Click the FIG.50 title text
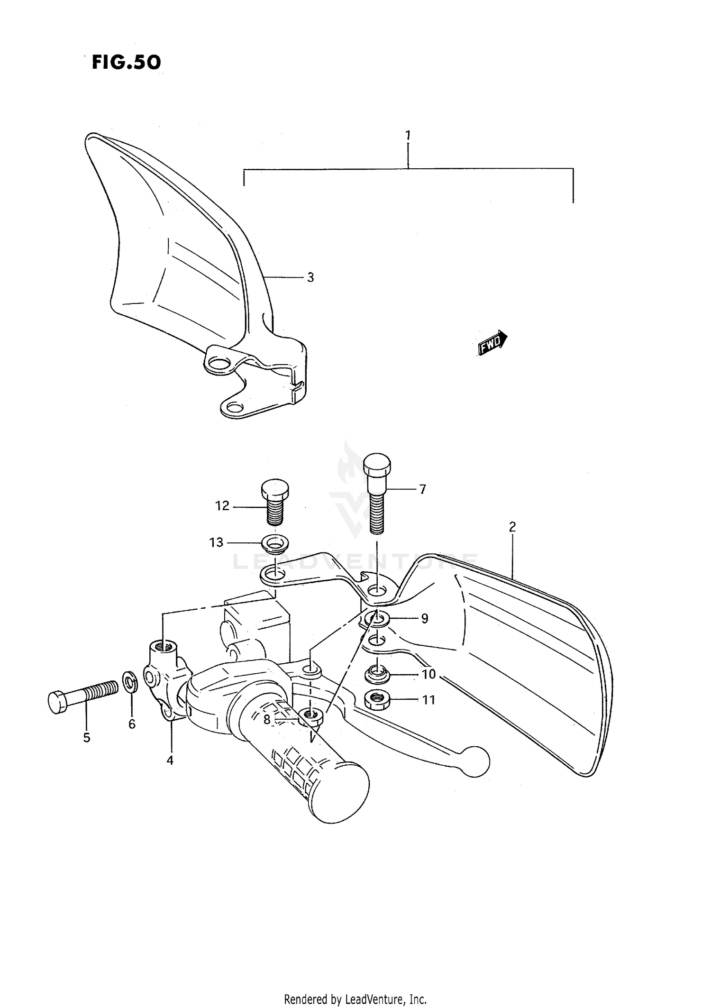click(x=126, y=62)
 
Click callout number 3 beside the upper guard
click(x=310, y=277)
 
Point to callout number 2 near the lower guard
click(x=512, y=527)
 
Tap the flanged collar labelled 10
click(x=377, y=673)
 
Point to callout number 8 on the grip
click(x=267, y=720)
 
